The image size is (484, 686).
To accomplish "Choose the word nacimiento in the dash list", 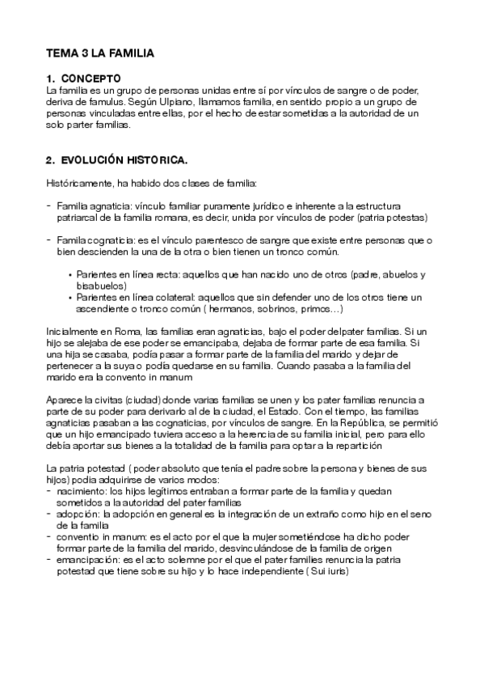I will [x=82, y=491].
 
